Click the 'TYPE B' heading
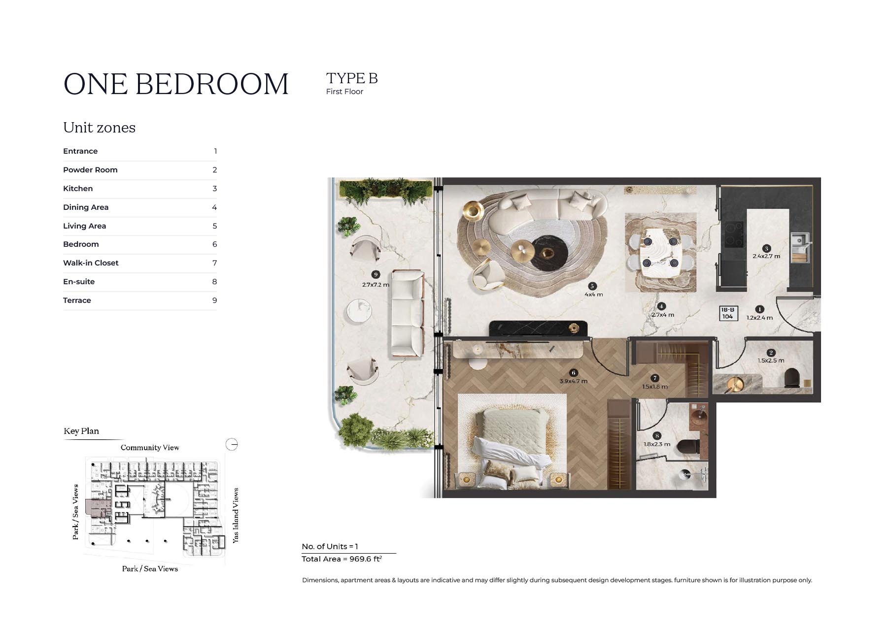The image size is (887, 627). point(351,78)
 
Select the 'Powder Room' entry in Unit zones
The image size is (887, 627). point(90,170)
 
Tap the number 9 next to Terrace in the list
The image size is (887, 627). point(214,300)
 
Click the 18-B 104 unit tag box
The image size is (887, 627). point(728,313)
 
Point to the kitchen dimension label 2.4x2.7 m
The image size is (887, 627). point(766,256)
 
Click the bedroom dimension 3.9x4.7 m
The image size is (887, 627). point(573,381)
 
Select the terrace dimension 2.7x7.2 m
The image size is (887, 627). point(375,285)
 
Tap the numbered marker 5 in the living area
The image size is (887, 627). point(593,286)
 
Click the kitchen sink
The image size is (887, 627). point(800,242)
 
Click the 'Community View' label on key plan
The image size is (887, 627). point(150,448)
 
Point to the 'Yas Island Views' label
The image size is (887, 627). point(236,515)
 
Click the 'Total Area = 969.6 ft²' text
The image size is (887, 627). point(341,559)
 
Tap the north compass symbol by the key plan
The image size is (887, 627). point(232,445)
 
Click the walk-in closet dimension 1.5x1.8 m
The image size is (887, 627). point(654,387)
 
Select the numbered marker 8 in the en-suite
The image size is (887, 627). point(657,436)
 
